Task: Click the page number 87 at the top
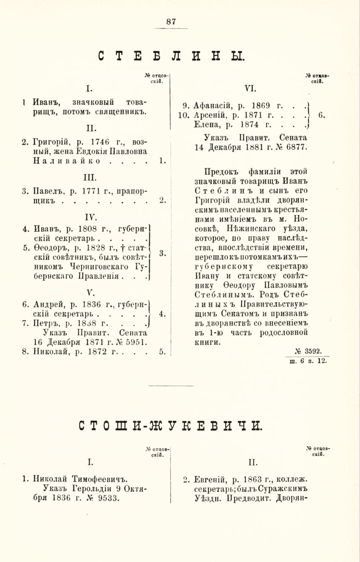click(x=170, y=21)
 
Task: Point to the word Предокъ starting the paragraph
click(x=221, y=171)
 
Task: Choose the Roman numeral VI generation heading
click(x=250, y=88)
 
